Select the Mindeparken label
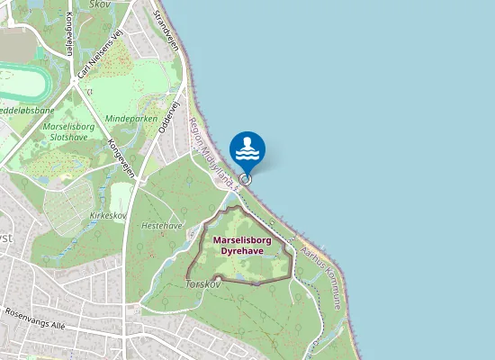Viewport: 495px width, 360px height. (131, 119)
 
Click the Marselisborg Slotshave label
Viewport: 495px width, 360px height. (68, 133)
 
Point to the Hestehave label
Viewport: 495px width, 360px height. (163, 225)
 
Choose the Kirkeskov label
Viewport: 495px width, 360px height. (108, 216)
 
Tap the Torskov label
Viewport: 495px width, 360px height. (202, 283)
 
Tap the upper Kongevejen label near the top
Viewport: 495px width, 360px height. (68, 36)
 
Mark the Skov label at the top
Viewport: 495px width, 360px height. (101, 4)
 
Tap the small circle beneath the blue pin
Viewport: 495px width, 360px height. (245, 178)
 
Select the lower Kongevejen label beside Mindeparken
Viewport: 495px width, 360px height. (121, 156)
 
